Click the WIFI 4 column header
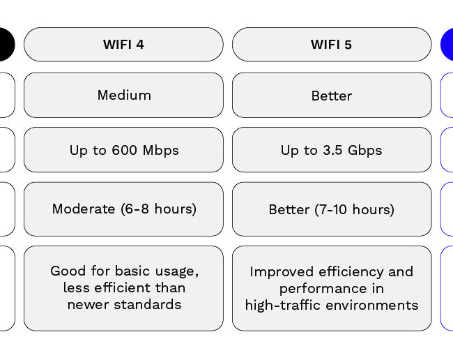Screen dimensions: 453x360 [123, 45]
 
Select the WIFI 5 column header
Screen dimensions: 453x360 [332, 45]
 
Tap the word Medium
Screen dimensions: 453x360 [124, 95]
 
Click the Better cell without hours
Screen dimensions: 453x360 [332, 95]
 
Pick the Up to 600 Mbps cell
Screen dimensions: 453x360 [123, 150]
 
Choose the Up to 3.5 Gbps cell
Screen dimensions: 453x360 [332, 150]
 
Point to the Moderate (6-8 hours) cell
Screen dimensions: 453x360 [123, 209]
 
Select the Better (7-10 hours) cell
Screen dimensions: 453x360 [332, 209]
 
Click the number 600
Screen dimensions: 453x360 [125, 150]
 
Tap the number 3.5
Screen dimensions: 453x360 [332, 150]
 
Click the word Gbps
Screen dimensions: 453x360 [365, 151]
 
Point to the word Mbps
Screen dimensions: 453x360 [160, 151]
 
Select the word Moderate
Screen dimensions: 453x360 [84, 209]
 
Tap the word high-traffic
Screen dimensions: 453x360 [282, 306]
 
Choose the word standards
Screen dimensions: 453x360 [148, 304]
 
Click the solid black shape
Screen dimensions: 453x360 [7, 45]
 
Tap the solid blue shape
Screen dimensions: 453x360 [447, 45]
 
